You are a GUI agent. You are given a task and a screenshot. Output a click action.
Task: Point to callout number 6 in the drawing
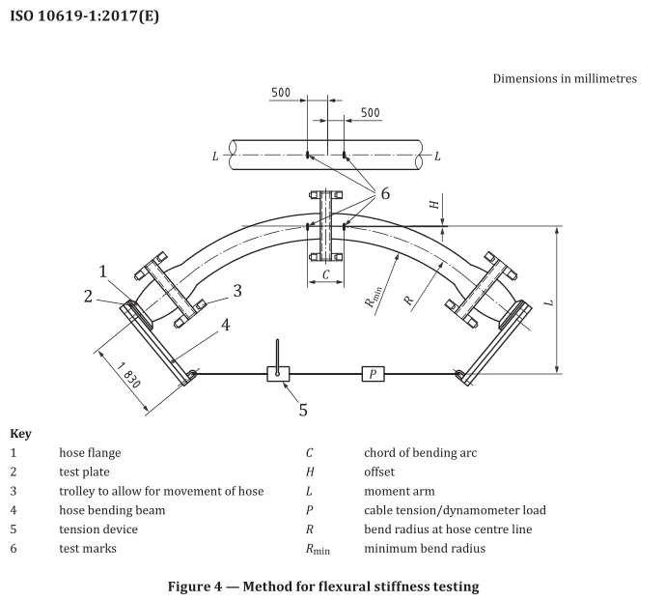tap(384, 193)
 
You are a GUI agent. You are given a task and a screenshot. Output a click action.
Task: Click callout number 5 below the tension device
tap(302, 410)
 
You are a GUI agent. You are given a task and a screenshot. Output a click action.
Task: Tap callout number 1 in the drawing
tap(103, 272)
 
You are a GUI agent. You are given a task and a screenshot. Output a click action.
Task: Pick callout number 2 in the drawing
tap(87, 297)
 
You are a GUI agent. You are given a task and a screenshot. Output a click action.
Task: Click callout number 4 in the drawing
tap(224, 325)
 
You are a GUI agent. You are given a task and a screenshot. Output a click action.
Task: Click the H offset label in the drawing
tap(433, 205)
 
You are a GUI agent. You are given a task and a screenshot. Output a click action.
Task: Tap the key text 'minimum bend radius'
tap(424, 548)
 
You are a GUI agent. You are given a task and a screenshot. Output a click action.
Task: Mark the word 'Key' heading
tap(20, 434)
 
